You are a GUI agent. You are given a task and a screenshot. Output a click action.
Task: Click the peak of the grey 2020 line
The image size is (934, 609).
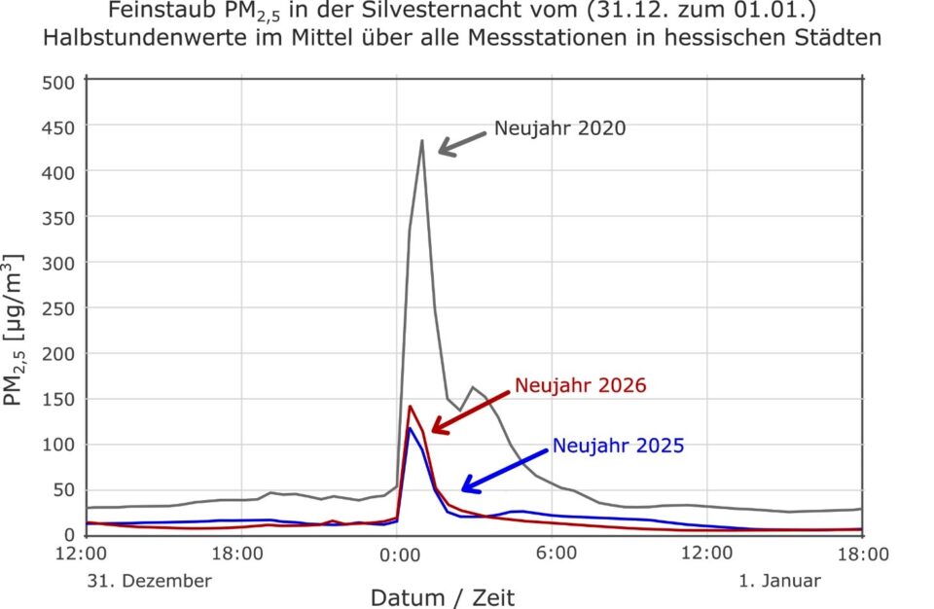pyautogui.click(x=421, y=141)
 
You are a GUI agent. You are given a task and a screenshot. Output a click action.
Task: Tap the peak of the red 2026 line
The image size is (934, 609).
pyautogui.click(x=410, y=407)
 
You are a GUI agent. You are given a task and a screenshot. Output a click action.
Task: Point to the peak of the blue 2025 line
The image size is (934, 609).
pyautogui.click(x=410, y=428)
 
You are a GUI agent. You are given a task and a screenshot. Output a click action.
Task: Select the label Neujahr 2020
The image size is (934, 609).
pyautogui.click(x=560, y=128)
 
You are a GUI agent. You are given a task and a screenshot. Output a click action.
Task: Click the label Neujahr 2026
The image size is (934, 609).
pyautogui.click(x=580, y=385)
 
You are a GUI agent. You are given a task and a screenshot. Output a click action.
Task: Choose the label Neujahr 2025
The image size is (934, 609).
pyautogui.click(x=619, y=446)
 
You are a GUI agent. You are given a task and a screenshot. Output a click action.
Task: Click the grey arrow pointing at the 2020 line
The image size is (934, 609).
pyautogui.click(x=462, y=144)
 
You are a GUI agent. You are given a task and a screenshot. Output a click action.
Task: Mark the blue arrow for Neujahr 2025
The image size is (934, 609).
pyautogui.click(x=505, y=471)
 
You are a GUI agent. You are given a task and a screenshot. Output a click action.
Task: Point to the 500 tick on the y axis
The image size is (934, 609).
pyautogui.click(x=58, y=83)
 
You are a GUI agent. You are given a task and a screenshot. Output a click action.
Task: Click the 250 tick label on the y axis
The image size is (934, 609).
pyautogui.click(x=58, y=308)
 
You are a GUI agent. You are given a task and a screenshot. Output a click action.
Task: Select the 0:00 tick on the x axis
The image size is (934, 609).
pyautogui.click(x=399, y=555)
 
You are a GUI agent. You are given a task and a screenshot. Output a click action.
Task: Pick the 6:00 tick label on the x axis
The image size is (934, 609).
pyautogui.click(x=556, y=553)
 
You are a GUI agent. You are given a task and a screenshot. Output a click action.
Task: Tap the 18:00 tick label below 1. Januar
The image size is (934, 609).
pyautogui.click(x=863, y=555)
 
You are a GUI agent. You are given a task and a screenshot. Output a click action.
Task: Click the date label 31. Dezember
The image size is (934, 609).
pyautogui.click(x=150, y=581)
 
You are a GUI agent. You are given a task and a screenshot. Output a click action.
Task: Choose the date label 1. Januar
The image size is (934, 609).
pyautogui.click(x=779, y=581)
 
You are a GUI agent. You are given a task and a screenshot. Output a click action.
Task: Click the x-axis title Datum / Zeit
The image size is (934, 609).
pyautogui.click(x=443, y=597)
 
